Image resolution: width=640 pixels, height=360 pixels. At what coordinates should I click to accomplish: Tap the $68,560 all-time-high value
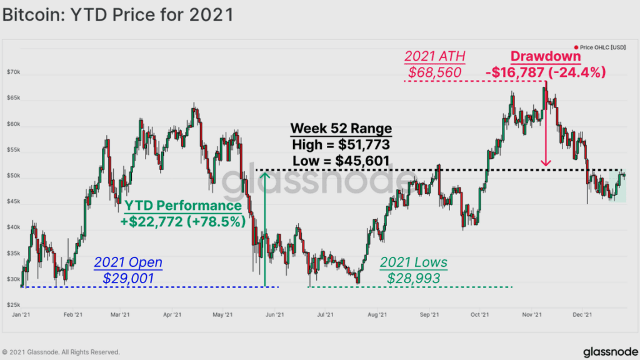coord(434,72)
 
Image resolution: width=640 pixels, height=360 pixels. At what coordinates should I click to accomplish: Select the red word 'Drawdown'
coord(546,56)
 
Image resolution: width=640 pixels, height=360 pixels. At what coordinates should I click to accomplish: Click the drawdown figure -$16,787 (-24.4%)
coord(546,72)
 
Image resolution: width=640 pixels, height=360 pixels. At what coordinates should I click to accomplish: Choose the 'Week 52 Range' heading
coord(341,129)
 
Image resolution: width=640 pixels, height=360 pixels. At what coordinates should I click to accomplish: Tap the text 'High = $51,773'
coord(341,145)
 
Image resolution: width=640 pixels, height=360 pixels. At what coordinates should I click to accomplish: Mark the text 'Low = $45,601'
coord(341,161)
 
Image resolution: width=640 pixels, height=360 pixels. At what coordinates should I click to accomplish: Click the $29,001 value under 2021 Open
coord(128,278)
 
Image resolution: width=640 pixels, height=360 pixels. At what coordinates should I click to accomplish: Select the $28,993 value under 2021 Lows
coord(414,278)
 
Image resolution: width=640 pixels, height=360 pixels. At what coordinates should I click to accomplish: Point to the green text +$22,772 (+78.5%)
coord(182,221)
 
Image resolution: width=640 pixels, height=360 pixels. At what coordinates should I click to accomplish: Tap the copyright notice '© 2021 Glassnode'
coord(61,352)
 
